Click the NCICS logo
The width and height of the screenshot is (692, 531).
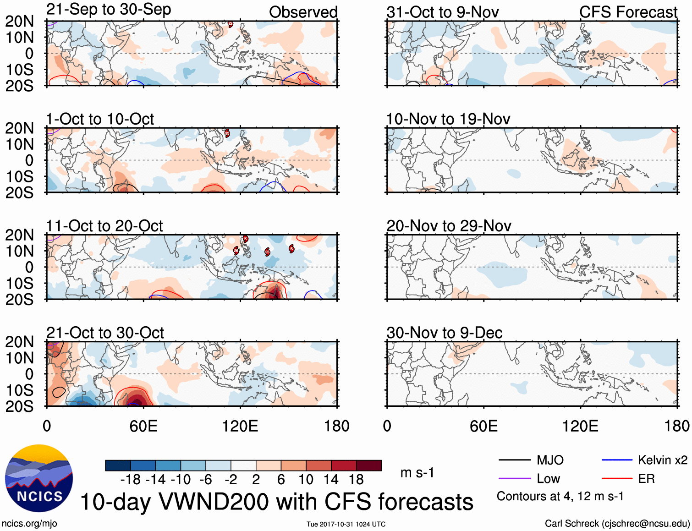click(39, 478)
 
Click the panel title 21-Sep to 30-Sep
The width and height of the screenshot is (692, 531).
click(109, 10)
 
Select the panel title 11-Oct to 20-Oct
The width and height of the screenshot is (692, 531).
click(104, 226)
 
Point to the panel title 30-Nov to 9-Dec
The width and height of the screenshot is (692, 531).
click(445, 333)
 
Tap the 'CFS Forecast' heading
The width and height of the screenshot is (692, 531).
click(628, 12)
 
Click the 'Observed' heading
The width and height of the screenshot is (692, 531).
click(303, 12)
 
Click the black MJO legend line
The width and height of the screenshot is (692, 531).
click(514, 460)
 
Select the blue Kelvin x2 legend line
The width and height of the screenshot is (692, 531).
click(617, 460)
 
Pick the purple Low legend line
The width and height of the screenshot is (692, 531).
click(514, 479)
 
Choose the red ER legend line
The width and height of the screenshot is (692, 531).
click(617, 479)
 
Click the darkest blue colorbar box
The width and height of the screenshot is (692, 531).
click(118, 465)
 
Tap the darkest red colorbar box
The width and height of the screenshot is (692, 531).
click(369, 465)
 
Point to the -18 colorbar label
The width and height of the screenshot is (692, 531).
click(131, 480)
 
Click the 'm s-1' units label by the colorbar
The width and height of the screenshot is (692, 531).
click(417, 472)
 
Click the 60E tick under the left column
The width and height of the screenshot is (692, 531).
click(143, 426)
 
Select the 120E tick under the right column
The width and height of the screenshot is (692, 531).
click(580, 426)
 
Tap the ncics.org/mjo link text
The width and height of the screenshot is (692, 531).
click(29, 523)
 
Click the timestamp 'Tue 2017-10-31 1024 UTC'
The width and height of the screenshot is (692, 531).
click(346, 524)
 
